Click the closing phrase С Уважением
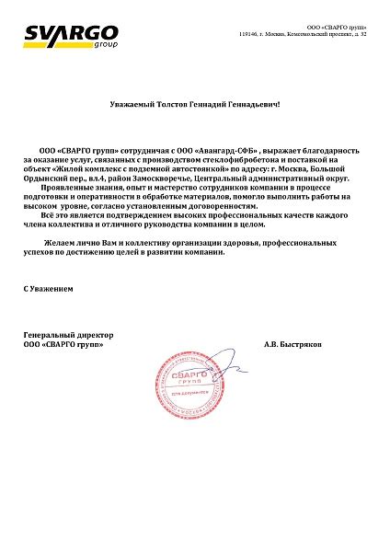click(x=48, y=290)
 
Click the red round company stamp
click(x=189, y=379)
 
